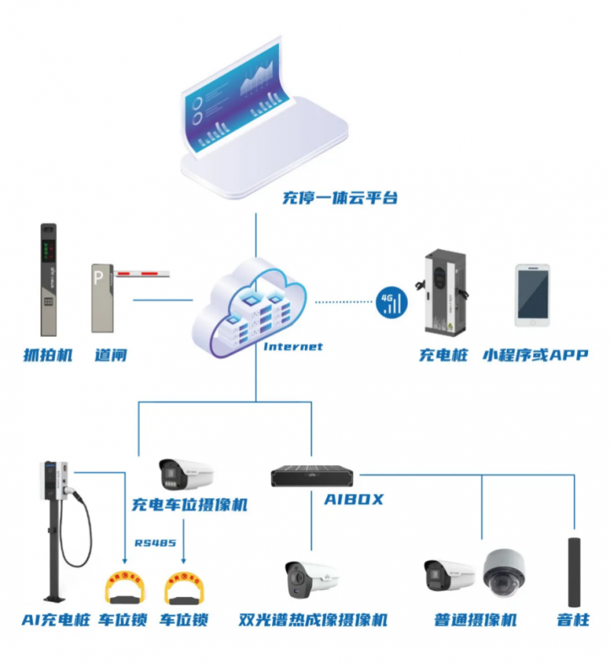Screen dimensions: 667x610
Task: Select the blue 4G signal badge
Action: pyautogui.click(x=392, y=302)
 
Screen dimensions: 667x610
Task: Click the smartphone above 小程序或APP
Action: pyautogui.click(x=531, y=295)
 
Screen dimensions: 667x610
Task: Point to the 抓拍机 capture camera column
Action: pyautogui.click(x=49, y=279)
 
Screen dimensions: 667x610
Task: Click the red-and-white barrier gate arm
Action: pyautogui.click(x=141, y=271)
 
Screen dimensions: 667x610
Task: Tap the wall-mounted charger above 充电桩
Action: pyautogui.click(x=444, y=292)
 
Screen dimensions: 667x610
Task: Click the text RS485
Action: pyautogui.click(x=156, y=544)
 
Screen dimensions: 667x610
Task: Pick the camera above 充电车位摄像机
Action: pyautogui.click(x=186, y=475)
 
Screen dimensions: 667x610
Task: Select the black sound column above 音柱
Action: pyautogui.click(x=573, y=572)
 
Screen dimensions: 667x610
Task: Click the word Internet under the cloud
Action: pyautogui.click(x=293, y=347)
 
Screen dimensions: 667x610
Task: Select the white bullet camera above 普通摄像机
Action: pyautogui.click(x=449, y=576)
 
